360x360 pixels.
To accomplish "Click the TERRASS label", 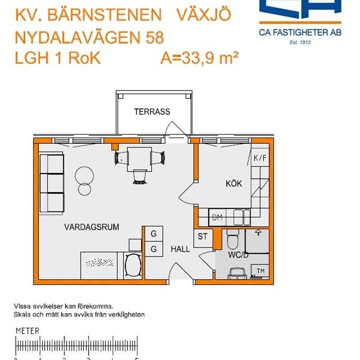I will point(152,112).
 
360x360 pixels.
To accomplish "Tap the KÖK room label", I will point(233,184).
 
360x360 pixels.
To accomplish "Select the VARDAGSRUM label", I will point(92,227).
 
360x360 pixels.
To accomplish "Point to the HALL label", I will point(180,249).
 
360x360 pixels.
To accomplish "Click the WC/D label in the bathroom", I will point(239,255).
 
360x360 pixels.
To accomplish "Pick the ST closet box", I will point(202,237).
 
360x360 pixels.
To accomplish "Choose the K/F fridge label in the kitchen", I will point(259,158).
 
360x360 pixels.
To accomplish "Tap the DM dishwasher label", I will point(217,217).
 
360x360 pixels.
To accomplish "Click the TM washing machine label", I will point(261,272).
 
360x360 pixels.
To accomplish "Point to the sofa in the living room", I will point(52,183).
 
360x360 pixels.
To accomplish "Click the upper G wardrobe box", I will point(153,234).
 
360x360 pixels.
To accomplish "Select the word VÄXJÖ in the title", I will point(203,14).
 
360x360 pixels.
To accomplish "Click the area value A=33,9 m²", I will point(199,58).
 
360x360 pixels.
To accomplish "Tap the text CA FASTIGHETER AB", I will point(300,32).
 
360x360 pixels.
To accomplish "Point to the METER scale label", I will point(27,331).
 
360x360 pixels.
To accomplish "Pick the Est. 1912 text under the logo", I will point(300,42).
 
